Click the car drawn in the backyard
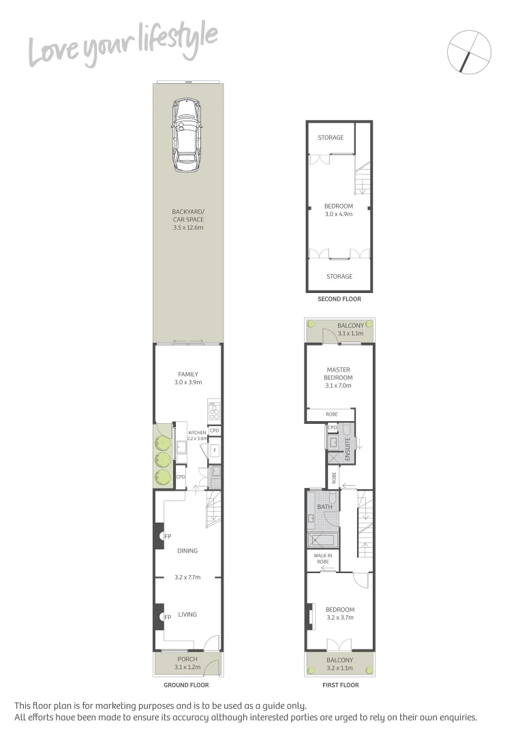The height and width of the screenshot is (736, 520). click(187, 136)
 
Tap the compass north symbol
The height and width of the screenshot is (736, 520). click(470, 51)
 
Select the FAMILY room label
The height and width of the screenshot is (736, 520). click(188, 374)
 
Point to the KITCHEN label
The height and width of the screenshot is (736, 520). click(197, 433)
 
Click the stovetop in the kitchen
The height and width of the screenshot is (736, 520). click(214, 412)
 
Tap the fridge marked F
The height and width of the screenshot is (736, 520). click(214, 450)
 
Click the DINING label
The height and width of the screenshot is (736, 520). click(187, 551)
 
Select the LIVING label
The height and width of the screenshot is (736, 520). click(187, 614)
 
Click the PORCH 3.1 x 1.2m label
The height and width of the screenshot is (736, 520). click(187, 663)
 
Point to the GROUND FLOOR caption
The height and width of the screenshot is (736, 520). click(187, 685)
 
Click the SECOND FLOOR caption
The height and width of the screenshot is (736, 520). click(339, 299)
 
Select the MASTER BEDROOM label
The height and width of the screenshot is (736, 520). click(339, 373)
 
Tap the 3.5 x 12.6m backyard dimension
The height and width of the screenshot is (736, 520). click(187, 227)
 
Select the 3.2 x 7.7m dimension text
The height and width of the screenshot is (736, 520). click(188, 577)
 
